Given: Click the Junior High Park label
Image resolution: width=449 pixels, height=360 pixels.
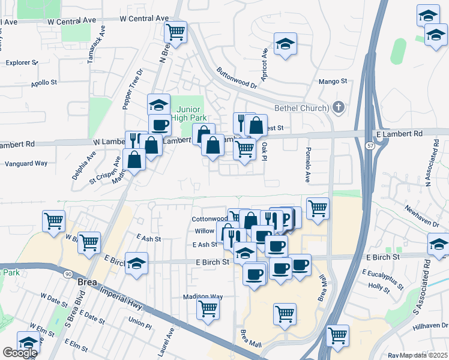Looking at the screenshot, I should point(191,114).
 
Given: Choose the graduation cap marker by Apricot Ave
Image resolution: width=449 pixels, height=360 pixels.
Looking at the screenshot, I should point(286,43).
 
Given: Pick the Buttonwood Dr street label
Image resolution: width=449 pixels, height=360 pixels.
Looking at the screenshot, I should point(237,77).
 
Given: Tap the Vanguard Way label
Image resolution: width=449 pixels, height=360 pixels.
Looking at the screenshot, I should point(26,163).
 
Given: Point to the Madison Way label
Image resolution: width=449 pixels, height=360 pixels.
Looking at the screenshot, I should point(203,296).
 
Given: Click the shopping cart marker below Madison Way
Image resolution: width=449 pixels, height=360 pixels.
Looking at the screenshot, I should point(208,308).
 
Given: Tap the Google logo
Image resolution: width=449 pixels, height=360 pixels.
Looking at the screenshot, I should point(20,352).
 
